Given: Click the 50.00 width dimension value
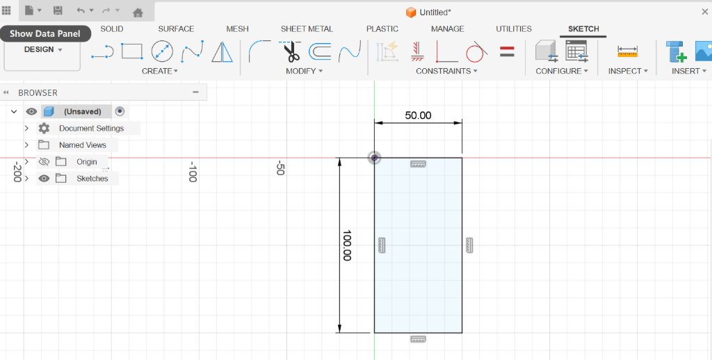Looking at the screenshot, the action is tap(418, 115).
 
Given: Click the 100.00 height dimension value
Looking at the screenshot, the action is tap(347, 245).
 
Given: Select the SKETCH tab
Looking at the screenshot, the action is tap(583, 28).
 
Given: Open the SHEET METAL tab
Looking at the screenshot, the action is tap(307, 28).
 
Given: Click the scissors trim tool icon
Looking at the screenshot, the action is tap(290, 51).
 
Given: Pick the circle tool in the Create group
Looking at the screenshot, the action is tap(162, 51).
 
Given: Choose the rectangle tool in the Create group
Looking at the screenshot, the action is tap(131, 51).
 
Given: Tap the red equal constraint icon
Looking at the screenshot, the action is tap(507, 51).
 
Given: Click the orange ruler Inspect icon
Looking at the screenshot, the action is tap(628, 51).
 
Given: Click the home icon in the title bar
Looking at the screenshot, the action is tap(138, 13).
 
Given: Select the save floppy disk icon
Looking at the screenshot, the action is tap(58, 10).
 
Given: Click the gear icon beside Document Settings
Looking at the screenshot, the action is tap(44, 128).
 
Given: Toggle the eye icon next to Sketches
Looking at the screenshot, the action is tap(44, 179).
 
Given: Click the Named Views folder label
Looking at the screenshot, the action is tap(83, 145).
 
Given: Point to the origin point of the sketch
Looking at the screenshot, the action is tap(374, 158).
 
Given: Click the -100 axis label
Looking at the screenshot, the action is tap(193, 171).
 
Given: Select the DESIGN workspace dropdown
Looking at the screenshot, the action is tap(42, 49).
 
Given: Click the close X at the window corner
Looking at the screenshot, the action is tap(705, 12).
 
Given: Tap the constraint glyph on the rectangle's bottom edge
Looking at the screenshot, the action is tap(418, 339).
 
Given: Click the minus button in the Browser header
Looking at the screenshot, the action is tap(195, 92).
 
